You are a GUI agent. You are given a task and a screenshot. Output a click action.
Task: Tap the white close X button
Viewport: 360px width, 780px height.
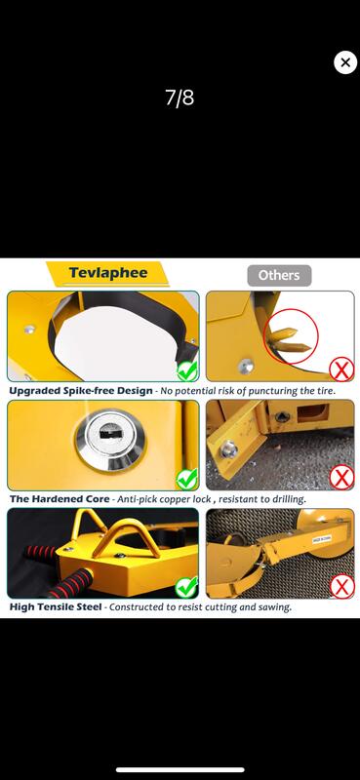point(345,62)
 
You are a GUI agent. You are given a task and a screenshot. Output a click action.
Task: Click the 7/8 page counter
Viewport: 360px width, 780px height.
point(180,98)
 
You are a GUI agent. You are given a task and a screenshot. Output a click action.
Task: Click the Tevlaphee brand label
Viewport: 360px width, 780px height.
point(108,273)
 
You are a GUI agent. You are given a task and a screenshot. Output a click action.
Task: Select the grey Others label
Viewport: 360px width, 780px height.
point(279,275)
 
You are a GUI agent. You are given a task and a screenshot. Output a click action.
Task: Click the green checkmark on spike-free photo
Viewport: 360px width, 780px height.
point(187,370)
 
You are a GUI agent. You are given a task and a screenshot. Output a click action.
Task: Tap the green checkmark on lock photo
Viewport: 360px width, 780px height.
point(187,479)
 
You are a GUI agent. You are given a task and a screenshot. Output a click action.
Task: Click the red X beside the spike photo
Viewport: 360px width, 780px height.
point(342,370)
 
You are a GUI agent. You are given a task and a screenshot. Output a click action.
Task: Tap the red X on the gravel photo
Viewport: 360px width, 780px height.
point(342,478)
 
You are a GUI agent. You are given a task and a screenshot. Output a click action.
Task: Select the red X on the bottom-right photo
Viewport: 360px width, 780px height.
point(342,587)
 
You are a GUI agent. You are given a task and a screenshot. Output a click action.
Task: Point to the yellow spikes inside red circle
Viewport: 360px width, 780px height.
point(289,340)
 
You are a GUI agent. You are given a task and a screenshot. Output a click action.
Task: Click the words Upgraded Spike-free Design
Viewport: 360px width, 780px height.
point(81,391)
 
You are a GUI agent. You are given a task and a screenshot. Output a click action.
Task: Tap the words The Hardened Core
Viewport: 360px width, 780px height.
point(60,498)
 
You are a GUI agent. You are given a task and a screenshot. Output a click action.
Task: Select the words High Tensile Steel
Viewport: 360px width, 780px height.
point(56,606)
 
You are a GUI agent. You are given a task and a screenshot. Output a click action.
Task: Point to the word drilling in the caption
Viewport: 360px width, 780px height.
point(286,498)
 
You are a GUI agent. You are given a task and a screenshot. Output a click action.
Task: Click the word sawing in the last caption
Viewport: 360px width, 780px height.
point(276,607)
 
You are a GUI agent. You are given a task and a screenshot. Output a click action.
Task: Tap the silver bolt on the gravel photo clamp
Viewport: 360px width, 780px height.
point(228,449)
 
